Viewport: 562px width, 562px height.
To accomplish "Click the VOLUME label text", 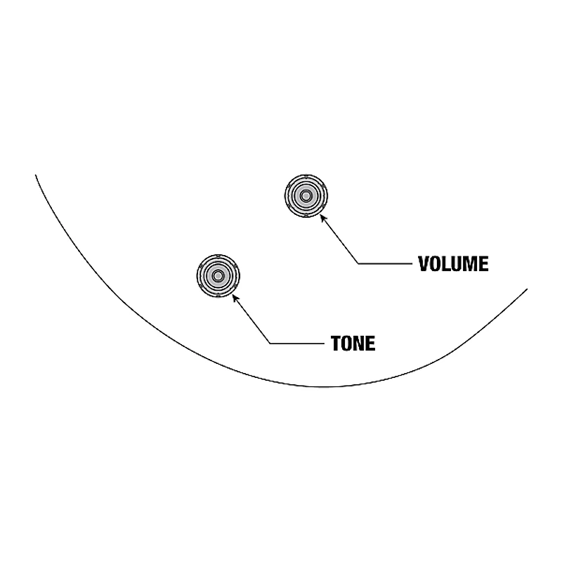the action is coord(453,264).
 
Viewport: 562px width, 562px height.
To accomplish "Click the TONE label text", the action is coord(353,344).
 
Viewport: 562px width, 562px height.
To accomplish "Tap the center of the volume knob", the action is coord(306,196).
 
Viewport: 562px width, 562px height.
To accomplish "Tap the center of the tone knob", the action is coord(218,276).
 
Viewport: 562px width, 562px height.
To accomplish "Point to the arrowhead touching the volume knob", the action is coord(323,218).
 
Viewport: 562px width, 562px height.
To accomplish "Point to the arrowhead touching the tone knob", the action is coord(235,297).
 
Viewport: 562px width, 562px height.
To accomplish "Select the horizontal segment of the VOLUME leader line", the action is coord(385,264).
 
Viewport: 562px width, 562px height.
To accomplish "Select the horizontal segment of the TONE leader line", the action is coord(297,344).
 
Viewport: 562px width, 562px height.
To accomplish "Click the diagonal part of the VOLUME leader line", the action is coord(339,239).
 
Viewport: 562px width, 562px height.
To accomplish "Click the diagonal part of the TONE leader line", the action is coord(251,319).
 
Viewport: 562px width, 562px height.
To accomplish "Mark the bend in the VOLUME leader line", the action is coord(358,264).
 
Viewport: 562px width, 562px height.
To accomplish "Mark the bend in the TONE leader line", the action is coord(270,344).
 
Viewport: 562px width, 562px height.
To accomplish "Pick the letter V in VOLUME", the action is coord(424,264).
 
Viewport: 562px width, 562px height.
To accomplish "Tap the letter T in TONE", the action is coord(336,344).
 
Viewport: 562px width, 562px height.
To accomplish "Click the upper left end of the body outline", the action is coord(36,175).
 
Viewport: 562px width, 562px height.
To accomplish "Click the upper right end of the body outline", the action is coord(527,289).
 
